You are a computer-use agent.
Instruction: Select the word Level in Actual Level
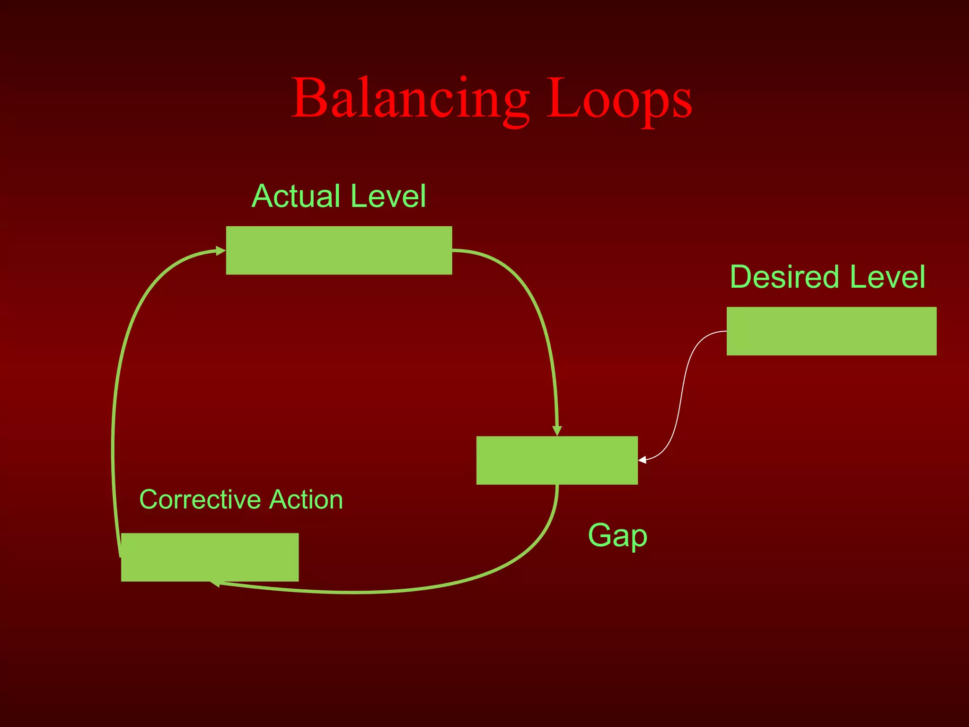[x=389, y=196]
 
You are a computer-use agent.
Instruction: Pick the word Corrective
[x=198, y=499]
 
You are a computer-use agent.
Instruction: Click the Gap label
[x=617, y=536]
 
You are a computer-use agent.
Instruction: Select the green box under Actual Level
[x=339, y=250]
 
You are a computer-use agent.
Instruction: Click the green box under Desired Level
[x=831, y=331]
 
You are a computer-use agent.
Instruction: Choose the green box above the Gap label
[x=557, y=460]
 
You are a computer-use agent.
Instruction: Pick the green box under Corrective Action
[x=210, y=557]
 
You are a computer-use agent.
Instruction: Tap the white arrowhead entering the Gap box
[x=642, y=460]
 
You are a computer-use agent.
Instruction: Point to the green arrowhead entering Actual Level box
[x=220, y=250]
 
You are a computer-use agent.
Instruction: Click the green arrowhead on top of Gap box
[x=557, y=431]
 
